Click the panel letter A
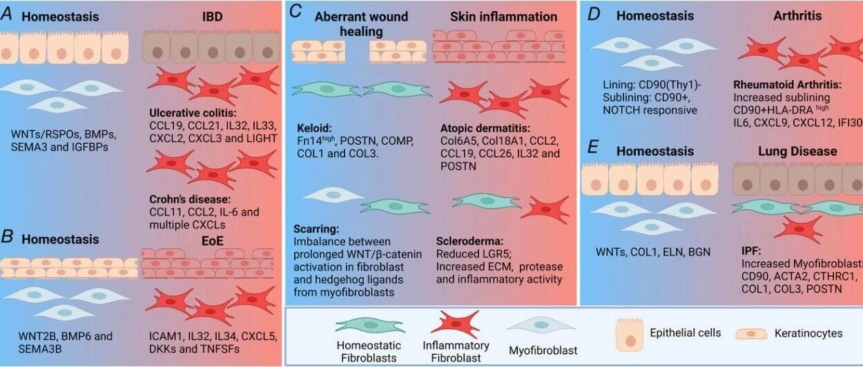6,16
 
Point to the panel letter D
591,16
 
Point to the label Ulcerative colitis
193,113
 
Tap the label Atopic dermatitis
485,128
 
